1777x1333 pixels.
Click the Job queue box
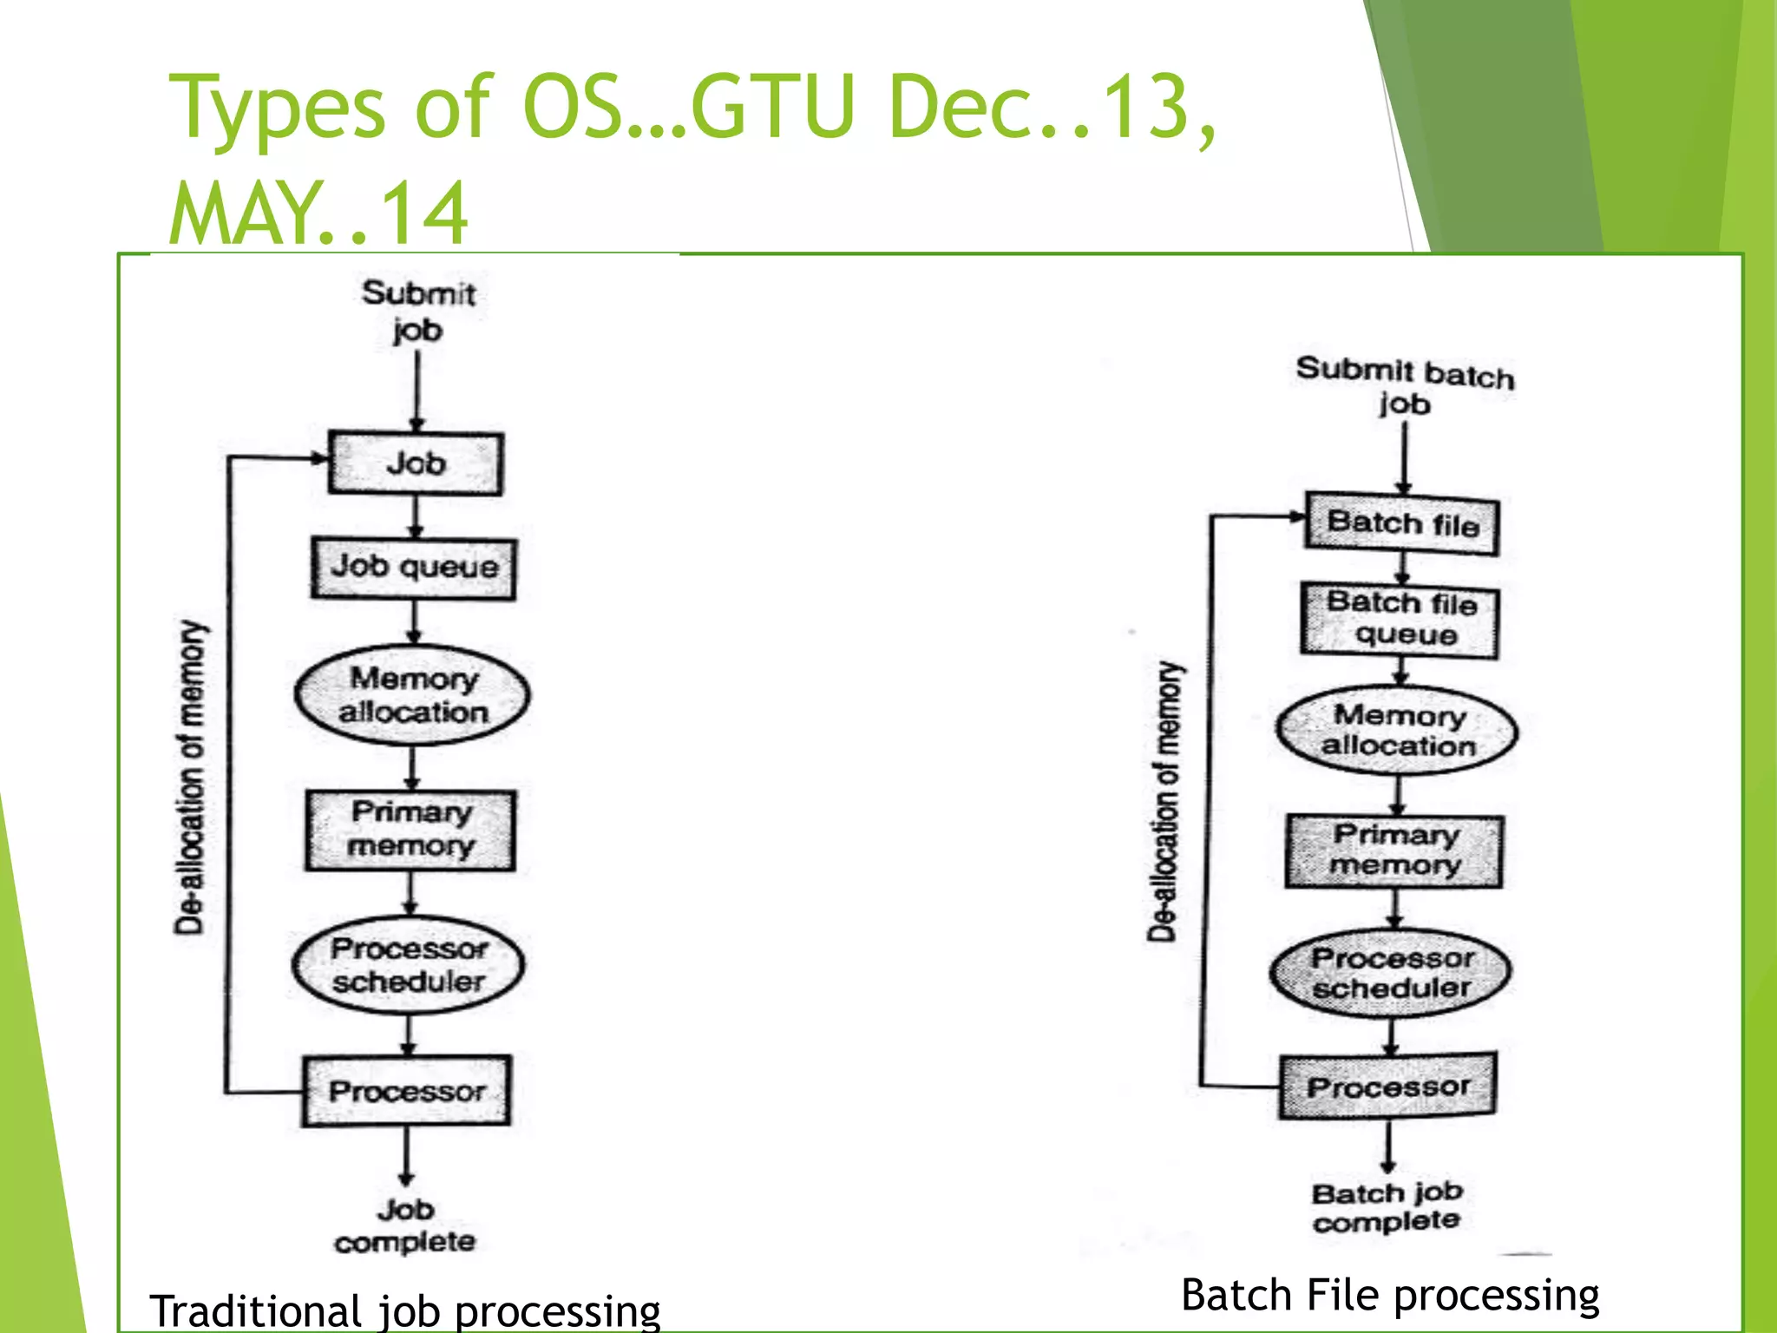pos(414,568)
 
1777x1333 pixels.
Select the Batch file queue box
pos(1400,620)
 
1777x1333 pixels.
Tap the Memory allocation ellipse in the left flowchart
pos(412,695)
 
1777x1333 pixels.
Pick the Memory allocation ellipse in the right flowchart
pos(1397,731)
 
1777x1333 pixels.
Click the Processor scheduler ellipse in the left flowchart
pos(409,965)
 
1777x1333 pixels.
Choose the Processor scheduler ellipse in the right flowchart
pos(1391,973)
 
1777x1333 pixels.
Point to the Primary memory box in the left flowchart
pos(410,830)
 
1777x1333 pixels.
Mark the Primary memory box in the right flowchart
pos(1394,850)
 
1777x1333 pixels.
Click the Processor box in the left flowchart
pos(406,1091)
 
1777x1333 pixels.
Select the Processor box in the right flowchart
pos(1387,1087)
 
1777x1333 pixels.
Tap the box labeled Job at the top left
pos(416,463)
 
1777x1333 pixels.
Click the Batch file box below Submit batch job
pos(1402,523)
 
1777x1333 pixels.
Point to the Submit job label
pos(418,311)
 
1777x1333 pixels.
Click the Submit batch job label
pos(1405,385)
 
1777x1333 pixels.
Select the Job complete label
pos(405,1225)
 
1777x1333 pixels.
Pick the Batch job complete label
pos(1387,1206)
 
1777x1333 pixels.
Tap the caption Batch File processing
pos(1390,1295)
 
